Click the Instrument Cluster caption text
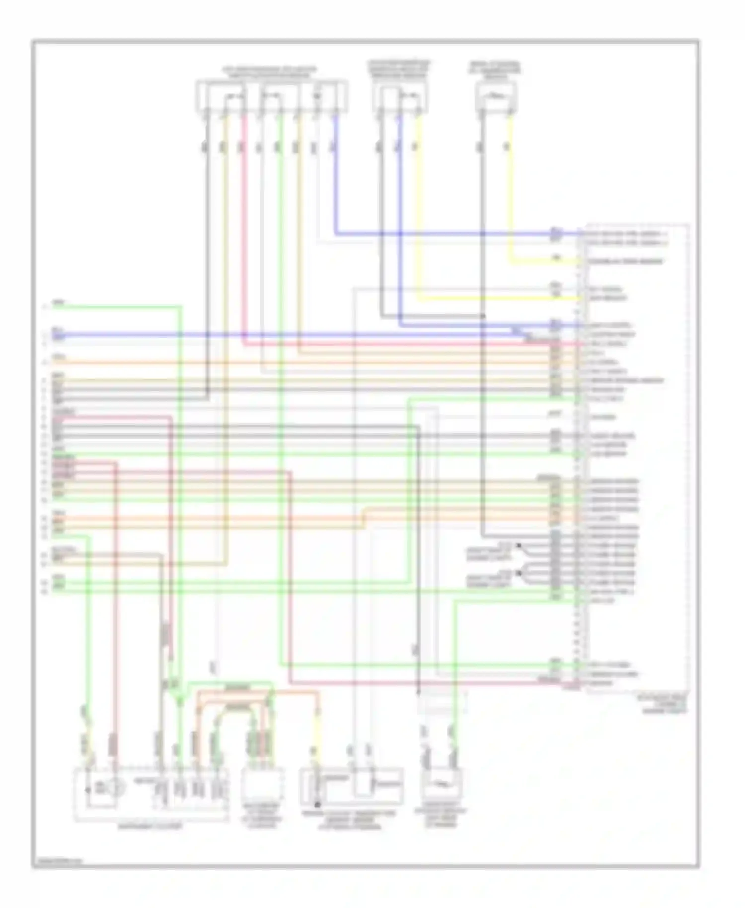(x=149, y=827)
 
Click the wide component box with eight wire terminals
(x=271, y=96)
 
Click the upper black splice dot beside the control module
(x=519, y=545)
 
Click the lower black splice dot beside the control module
(x=519, y=573)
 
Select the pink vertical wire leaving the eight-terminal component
(x=243, y=224)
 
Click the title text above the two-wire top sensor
(x=495, y=71)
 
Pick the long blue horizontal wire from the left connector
(x=298, y=334)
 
